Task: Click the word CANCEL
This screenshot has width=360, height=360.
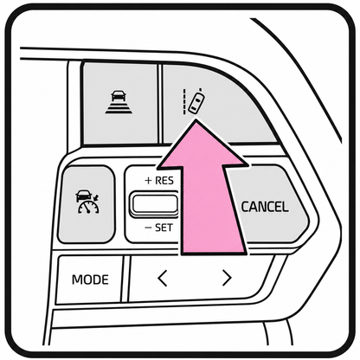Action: [265, 207]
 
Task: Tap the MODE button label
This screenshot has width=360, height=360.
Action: [90, 280]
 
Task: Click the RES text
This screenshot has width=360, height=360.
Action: [164, 181]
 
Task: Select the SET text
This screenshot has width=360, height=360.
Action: [164, 228]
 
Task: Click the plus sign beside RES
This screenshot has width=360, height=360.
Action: [148, 181]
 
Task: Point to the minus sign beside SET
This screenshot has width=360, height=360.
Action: [148, 228]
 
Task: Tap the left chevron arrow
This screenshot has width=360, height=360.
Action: [163, 278]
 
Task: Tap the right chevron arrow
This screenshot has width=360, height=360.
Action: [227, 278]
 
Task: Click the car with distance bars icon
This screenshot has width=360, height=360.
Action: [119, 102]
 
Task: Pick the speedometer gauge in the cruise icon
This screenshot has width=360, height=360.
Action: [88, 207]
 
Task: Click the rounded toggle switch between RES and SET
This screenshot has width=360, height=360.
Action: [154, 204]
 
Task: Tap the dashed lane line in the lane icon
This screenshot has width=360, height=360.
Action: [184, 102]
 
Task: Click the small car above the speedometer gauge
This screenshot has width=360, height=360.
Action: [83, 196]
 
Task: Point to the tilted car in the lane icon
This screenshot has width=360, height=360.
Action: [196, 103]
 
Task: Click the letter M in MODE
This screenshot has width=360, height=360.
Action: [77, 280]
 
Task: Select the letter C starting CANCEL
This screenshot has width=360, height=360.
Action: [245, 207]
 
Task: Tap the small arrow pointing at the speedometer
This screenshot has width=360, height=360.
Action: [96, 198]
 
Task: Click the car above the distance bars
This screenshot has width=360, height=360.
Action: [119, 95]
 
